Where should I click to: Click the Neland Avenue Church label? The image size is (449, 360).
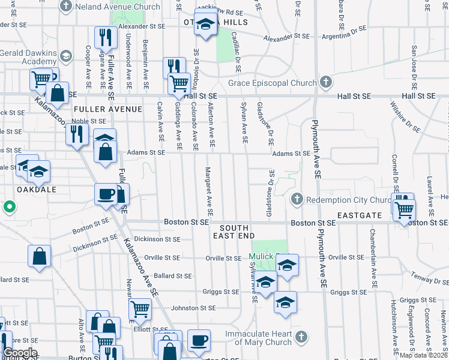coord(118,7)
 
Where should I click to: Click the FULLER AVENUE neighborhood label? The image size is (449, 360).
coord(108,109)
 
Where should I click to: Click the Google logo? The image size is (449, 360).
coord(20,353)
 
